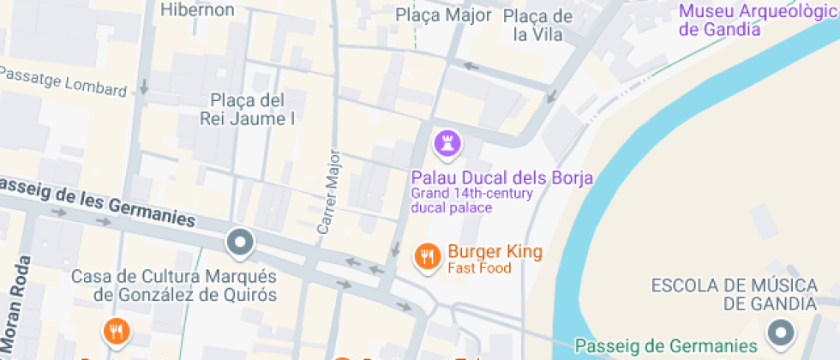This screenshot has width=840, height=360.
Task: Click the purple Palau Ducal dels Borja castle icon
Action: pos(447,145)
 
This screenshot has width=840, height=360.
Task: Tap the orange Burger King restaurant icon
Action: pos(426,255)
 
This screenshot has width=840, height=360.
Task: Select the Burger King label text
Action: pos(495,252)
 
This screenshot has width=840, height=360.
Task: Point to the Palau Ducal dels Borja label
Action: pos(502,178)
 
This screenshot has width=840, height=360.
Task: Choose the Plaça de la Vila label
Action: pos(537,25)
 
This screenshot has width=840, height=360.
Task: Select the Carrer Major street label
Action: pos(329,192)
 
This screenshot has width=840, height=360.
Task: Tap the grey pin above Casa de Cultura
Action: pos(241,243)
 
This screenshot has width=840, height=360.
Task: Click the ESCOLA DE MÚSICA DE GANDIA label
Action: pos(733,294)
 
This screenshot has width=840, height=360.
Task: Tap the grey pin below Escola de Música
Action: pos(781,333)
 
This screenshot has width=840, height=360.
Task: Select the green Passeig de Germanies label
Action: pos(666,346)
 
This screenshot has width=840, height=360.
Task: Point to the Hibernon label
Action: pos(197,9)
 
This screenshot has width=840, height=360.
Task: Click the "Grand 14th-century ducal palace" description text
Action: pos(471,201)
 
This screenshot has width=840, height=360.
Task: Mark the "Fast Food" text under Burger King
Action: pos(479,268)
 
